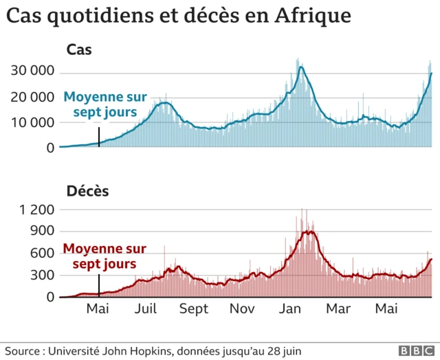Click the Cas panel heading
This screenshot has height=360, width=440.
click(x=79, y=49)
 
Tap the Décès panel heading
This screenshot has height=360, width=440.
click(x=87, y=191)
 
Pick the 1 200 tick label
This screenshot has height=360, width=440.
click(x=35, y=210)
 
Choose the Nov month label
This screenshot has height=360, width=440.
click(x=242, y=309)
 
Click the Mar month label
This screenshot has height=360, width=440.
click(x=338, y=309)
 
